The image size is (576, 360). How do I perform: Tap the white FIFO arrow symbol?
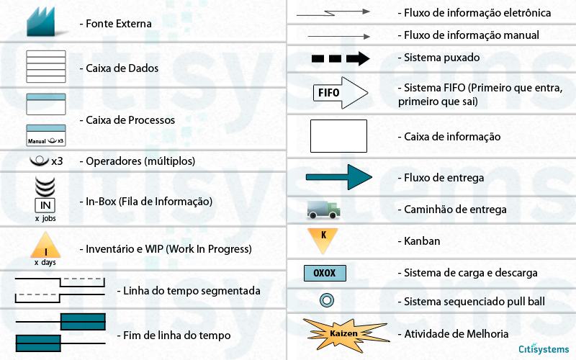tap(341, 93)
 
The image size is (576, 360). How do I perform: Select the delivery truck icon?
tap(323, 210)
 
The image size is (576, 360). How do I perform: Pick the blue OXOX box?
tap(325, 274)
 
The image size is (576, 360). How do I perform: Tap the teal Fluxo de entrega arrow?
tap(338, 177)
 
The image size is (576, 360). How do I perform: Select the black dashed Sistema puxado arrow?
tap(341, 58)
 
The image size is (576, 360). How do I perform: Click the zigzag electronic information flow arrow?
tap(333, 13)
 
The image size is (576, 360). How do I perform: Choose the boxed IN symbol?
tap(45, 205)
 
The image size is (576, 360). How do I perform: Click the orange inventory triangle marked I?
tap(45, 245)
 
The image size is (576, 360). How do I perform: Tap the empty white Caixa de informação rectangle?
tap(338, 136)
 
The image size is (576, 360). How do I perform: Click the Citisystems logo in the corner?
tap(544, 348)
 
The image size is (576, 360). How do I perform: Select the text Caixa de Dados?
tap(122, 68)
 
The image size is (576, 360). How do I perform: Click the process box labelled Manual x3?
tap(46, 135)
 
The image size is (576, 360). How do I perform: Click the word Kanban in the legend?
tap(422, 241)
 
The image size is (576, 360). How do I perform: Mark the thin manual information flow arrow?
tap(338, 37)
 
